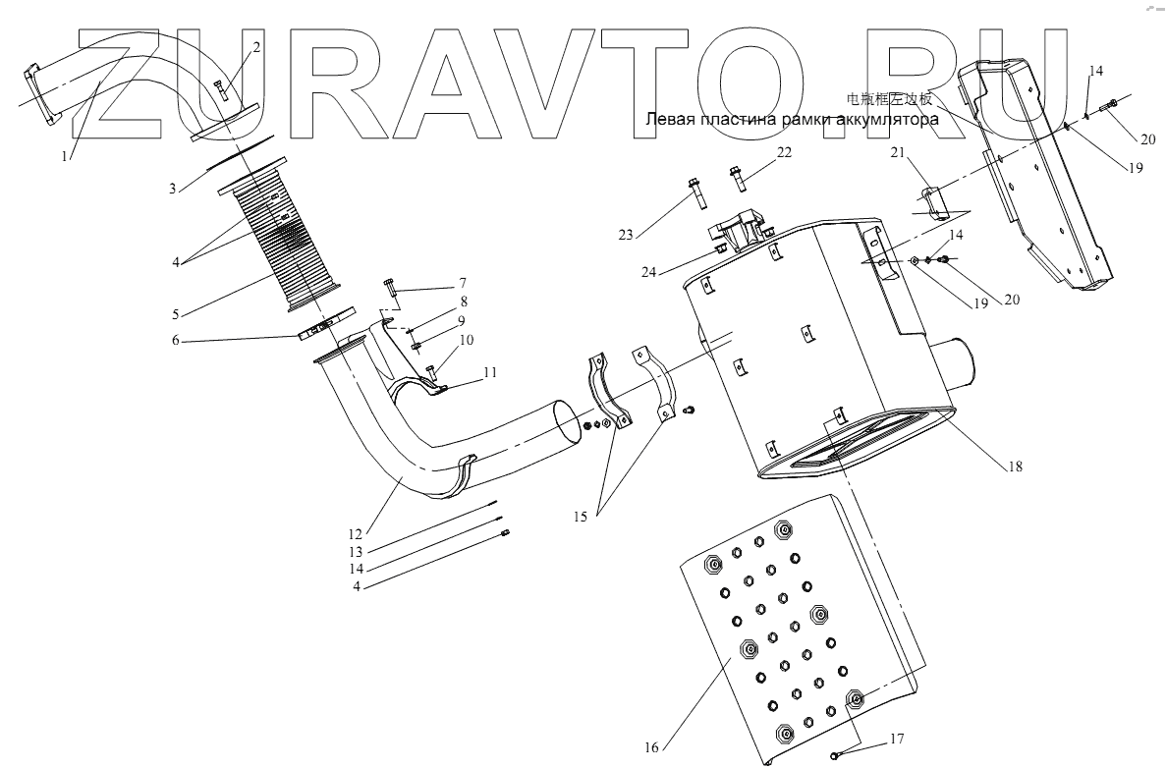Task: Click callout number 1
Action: click(67, 155)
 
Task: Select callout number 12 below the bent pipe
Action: click(356, 534)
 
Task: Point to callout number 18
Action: click(1015, 467)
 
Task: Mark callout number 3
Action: click(172, 187)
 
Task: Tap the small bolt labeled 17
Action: click(837, 753)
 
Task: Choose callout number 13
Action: click(356, 552)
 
